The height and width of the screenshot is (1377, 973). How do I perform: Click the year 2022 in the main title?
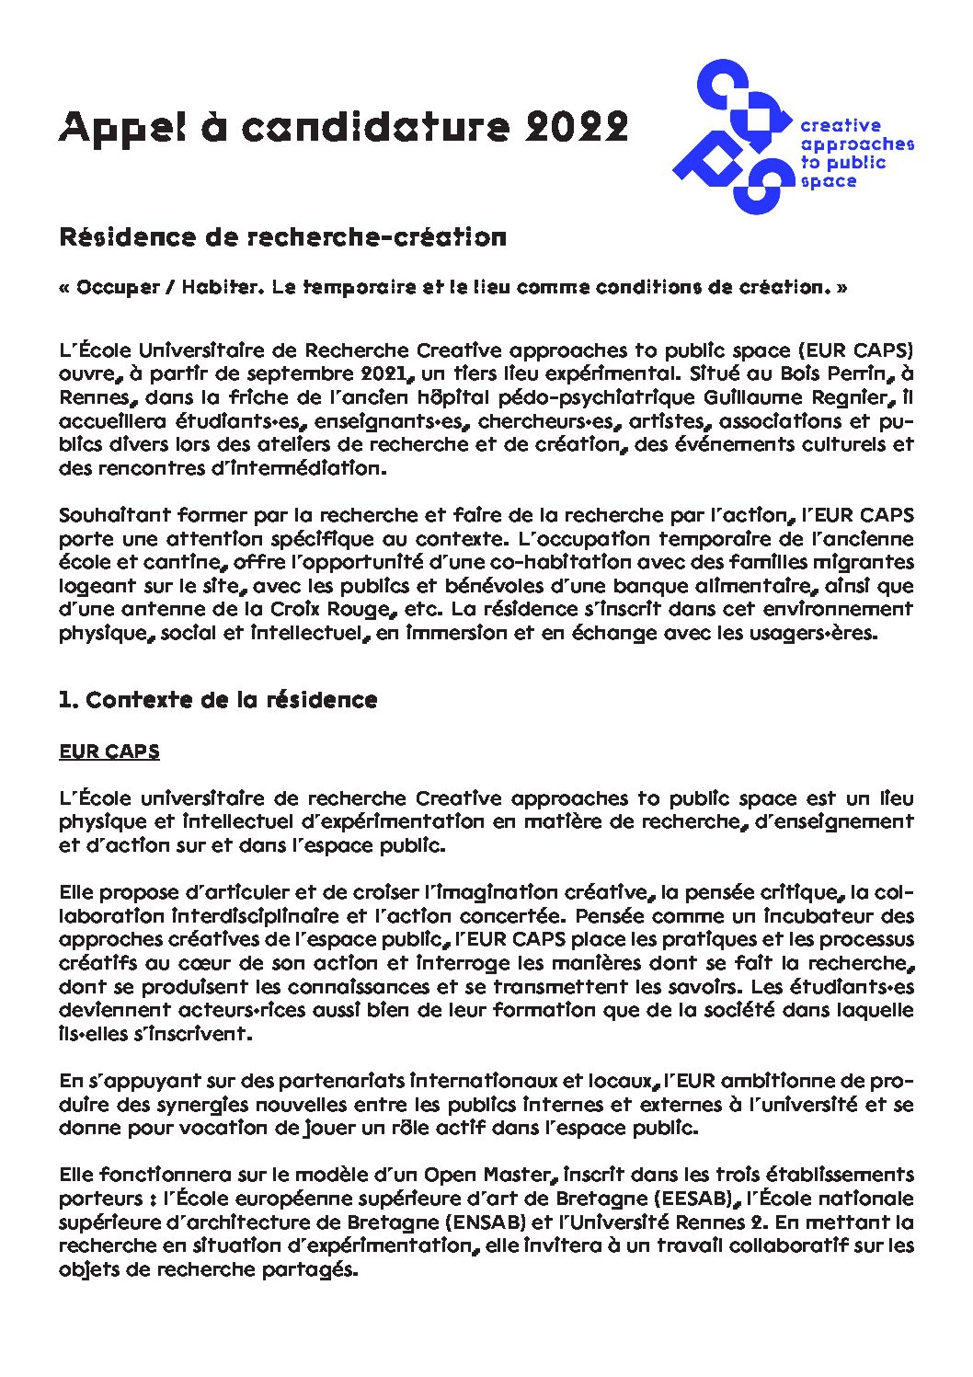pos(577,127)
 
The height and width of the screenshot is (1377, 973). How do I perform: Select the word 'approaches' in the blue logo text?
pos(856,144)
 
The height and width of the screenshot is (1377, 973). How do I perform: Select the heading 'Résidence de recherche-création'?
pos(282,237)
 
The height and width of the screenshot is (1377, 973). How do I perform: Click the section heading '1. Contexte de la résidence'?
pos(218,700)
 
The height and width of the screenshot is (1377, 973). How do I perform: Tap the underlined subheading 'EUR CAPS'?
pos(109,752)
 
